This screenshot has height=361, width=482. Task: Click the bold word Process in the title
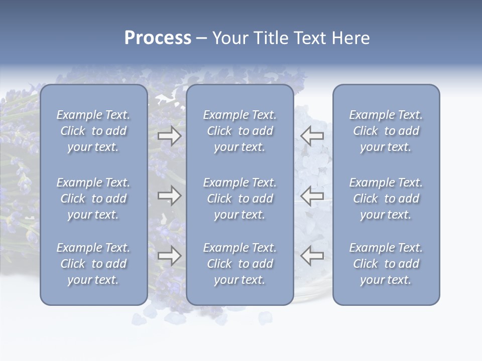click(158, 38)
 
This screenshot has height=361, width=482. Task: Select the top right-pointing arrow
click(169, 135)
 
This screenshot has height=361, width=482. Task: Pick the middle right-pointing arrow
click(169, 196)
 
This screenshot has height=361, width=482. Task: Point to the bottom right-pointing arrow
click(169, 256)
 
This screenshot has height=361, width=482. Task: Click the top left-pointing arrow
click(312, 135)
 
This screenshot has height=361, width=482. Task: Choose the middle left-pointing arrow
click(312, 196)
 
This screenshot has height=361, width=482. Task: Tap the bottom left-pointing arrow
click(312, 256)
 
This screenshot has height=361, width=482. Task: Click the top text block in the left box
click(93, 131)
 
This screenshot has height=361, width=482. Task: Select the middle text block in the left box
click(93, 199)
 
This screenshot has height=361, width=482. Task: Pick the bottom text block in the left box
click(93, 264)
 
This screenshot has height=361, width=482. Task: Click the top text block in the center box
click(240, 131)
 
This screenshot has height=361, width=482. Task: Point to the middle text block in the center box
click(240, 199)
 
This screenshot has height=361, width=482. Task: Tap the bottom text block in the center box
click(240, 264)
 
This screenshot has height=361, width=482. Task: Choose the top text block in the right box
click(386, 131)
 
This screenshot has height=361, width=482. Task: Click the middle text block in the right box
click(386, 199)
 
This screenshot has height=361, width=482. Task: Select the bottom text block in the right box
click(386, 264)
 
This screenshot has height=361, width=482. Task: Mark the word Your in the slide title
click(229, 38)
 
